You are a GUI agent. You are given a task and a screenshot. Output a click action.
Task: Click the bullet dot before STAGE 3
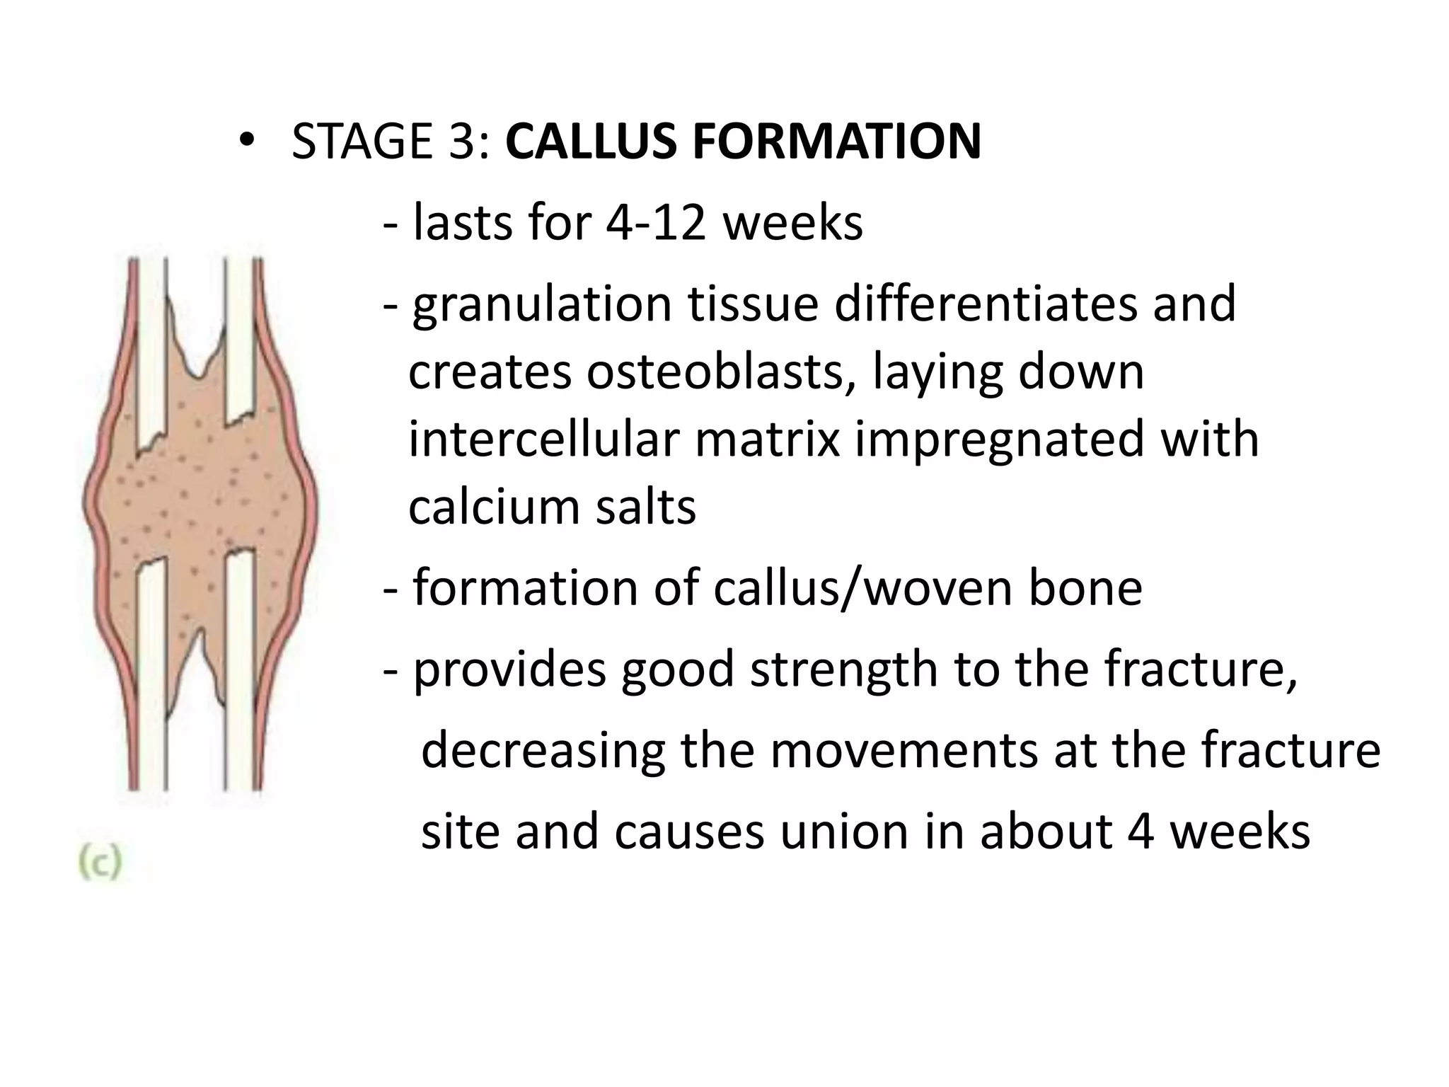(245, 142)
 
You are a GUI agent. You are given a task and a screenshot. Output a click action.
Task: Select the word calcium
(493, 507)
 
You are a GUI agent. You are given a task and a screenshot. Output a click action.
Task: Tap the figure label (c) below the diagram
(100, 864)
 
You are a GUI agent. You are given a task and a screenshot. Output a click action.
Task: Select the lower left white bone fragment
(151, 672)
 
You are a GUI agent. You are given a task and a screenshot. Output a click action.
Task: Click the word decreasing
(543, 750)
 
